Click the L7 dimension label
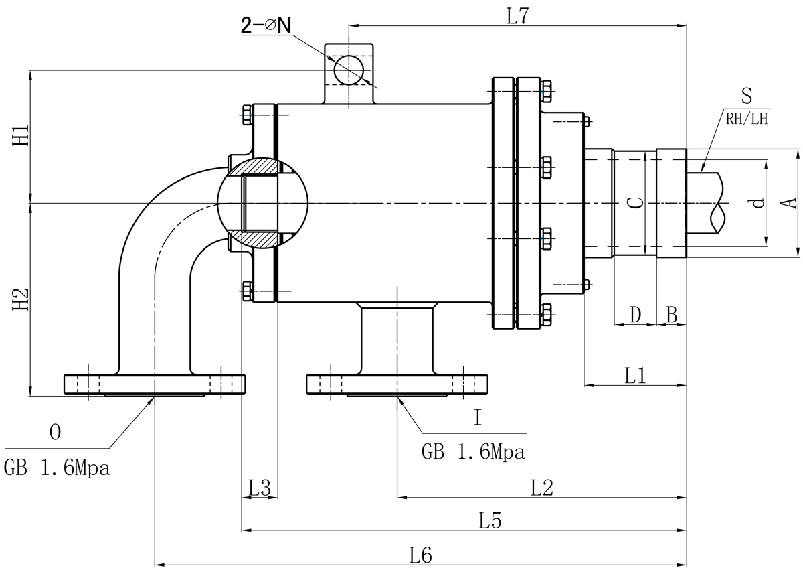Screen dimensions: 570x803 [517, 16]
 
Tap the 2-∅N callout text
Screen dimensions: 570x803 [266, 26]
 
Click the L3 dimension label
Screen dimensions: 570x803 [259, 488]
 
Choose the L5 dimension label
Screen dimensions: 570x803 [490, 520]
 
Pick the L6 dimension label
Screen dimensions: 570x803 [421, 555]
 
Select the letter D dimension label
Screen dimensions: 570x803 [636, 314]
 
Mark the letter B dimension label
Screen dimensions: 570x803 [672, 314]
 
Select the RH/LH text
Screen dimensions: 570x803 [747, 120]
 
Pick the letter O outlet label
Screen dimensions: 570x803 [56, 433]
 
